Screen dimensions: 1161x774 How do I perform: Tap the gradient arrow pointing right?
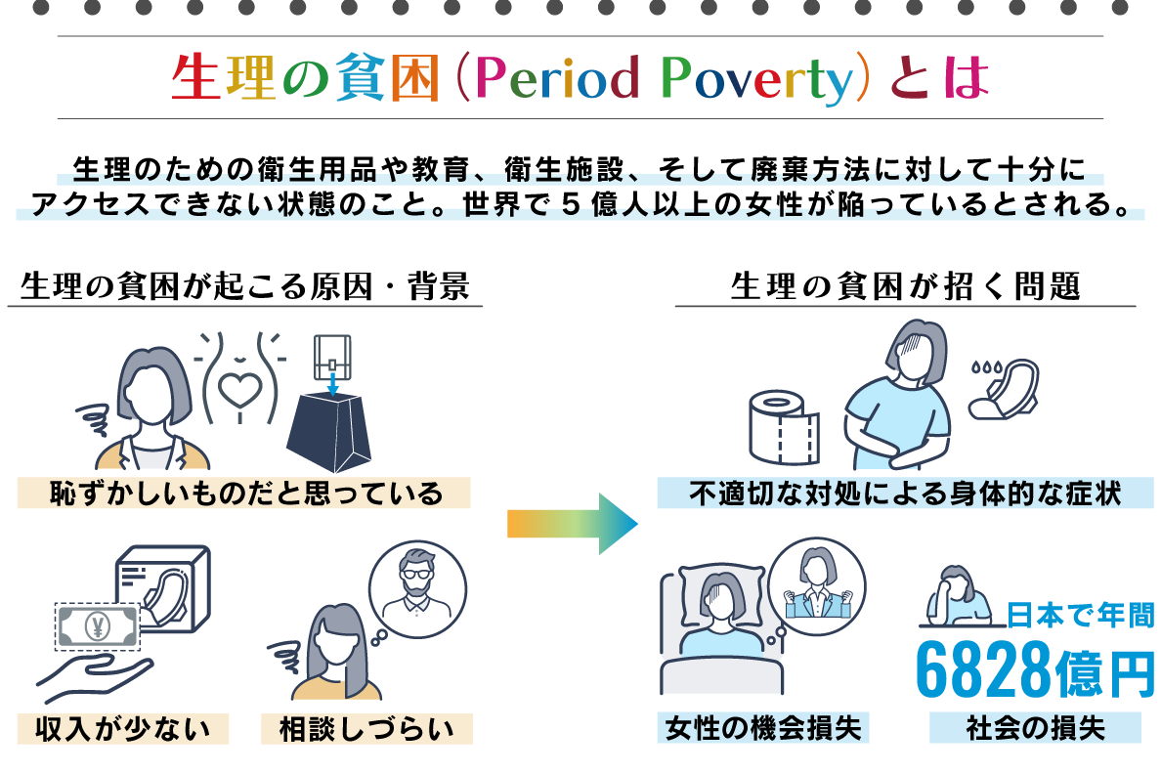[573, 525]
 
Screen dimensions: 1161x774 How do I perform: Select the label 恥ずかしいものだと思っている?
[245, 494]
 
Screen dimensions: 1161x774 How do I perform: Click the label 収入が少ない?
[123, 729]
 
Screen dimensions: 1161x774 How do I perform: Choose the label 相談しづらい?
[366, 729]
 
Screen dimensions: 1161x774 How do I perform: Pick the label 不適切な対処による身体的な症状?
[905, 494]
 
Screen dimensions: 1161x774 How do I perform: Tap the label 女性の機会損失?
[763, 728]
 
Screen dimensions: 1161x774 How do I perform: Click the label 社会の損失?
[1035, 728]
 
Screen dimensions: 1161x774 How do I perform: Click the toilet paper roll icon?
[785, 427]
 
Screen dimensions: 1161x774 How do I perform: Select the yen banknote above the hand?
[98, 626]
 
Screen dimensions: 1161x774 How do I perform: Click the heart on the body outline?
[239, 390]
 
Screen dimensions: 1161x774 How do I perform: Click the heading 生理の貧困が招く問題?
[905, 286]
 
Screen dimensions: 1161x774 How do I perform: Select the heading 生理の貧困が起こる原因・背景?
[245, 286]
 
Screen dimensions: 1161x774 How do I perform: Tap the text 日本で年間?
[1080, 615]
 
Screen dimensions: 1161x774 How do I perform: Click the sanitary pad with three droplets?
[1004, 388]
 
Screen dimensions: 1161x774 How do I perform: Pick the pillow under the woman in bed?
[722, 591]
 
